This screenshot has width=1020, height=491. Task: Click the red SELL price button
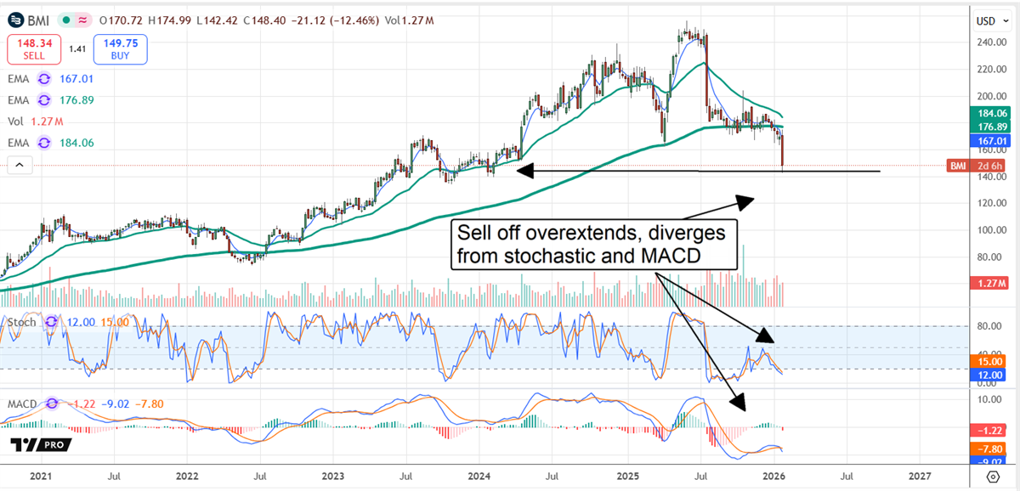coord(34,49)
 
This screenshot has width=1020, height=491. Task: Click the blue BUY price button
coord(121,49)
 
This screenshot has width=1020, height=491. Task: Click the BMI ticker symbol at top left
coord(36,19)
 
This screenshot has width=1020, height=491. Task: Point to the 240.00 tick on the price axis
coord(989,42)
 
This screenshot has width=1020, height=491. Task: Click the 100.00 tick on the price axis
coord(989,230)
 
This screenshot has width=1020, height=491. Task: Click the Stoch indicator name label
coord(22,323)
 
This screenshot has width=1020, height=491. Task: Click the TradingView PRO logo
coord(41,445)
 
